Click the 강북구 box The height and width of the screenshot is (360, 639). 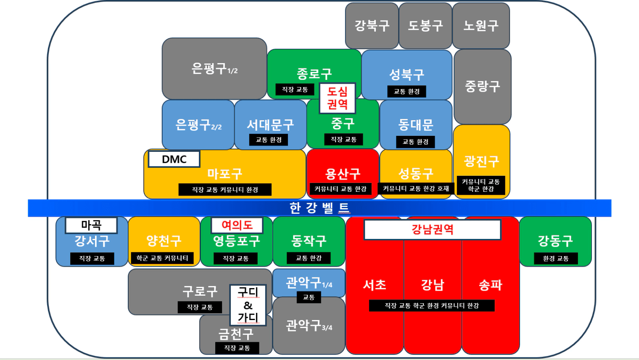tap(372, 26)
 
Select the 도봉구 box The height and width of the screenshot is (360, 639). tap(425, 26)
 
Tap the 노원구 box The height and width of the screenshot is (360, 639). tap(481, 26)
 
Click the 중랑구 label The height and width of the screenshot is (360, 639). tap(482, 87)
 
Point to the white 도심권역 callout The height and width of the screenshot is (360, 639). tap(337, 98)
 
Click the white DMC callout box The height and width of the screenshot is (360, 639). tap(174, 159)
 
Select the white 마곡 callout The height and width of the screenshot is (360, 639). tap(91, 225)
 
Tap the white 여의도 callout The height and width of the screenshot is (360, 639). tap(237, 225)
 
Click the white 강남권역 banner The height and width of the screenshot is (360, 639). tap(432, 230)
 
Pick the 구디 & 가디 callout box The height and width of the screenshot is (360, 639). tap(248, 305)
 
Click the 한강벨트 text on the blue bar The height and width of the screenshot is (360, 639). tap(319, 208)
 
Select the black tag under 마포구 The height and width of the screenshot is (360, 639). tap(225, 190)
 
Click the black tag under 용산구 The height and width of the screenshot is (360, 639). tap(341, 189)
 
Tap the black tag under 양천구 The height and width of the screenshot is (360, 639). tap(162, 258)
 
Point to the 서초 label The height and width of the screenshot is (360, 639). tap(375, 285)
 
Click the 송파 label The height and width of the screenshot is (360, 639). tap(490, 285)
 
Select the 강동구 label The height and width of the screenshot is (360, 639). tap(555, 241)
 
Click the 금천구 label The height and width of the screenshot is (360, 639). tap(236, 334)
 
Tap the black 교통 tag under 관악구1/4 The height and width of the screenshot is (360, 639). tap(309, 297)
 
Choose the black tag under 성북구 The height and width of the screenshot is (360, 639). tap(407, 91)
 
